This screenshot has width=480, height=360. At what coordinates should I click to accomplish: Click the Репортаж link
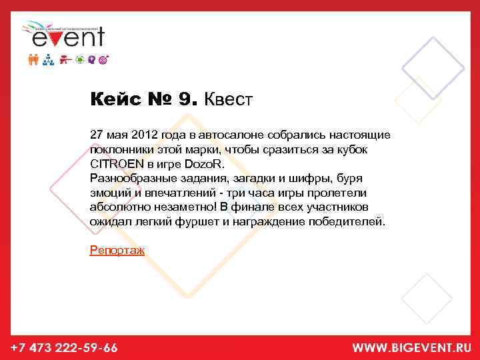coord(117,250)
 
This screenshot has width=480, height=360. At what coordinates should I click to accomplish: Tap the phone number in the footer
coord(64,348)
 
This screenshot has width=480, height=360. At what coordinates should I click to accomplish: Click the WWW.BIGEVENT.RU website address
coord(412,348)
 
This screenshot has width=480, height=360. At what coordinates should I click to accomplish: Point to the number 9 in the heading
coord(185,100)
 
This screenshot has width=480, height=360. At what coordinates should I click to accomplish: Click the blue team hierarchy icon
coord(48,59)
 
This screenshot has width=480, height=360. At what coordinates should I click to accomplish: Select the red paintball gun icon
coord(65,59)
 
